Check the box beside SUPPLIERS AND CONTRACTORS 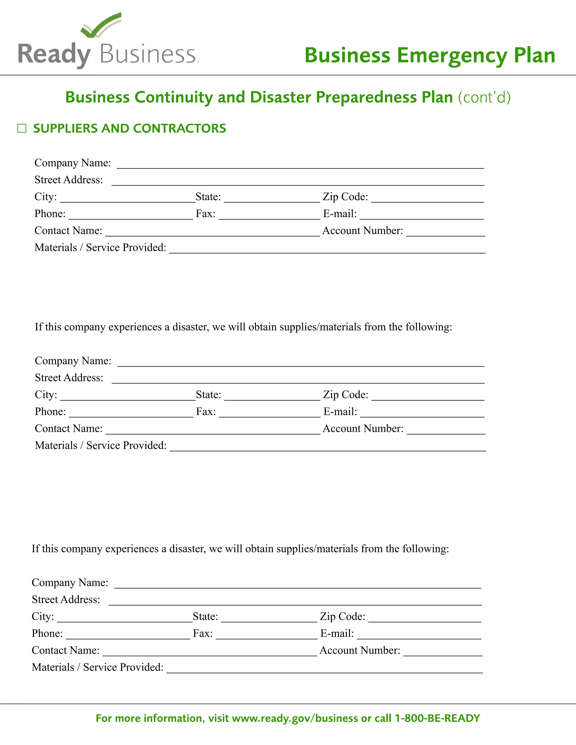click(22, 128)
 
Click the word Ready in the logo click(54, 55)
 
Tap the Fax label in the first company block click(205, 214)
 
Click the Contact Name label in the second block click(69, 429)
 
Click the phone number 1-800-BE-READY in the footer click(437, 718)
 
